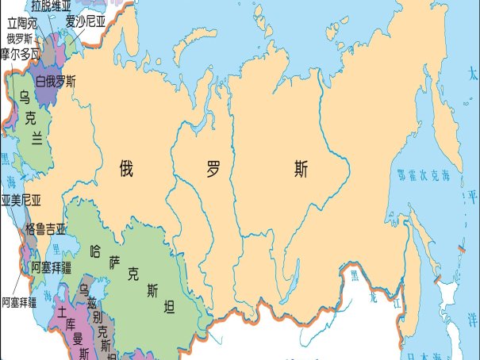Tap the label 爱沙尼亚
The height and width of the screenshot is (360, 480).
(x=86, y=21)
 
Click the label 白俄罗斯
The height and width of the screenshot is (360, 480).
(x=56, y=81)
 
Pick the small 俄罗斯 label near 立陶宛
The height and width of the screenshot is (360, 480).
(x=19, y=38)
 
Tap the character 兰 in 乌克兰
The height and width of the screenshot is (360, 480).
(x=37, y=137)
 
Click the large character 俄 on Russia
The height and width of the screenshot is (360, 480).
(x=126, y=168)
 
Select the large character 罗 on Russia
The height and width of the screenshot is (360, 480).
(x=212, y=168)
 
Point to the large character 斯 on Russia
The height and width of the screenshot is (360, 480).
(x=301, y=168)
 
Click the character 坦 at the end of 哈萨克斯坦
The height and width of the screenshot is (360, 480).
(x=169, y=308)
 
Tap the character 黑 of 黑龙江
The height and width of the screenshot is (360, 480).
(x=355, y=274)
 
